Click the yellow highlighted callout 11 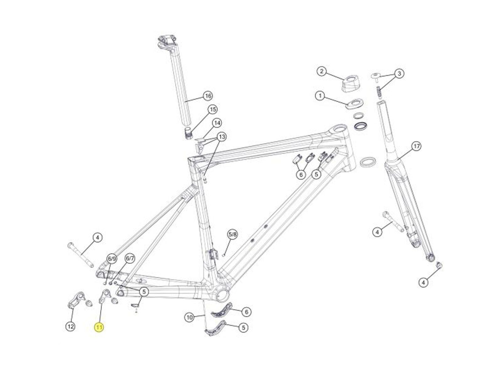(99, 327)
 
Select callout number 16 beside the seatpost (208, 96)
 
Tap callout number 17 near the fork (416, 146)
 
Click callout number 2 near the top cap (321, 71)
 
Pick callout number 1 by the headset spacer (320, 96)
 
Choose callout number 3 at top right (399, 74)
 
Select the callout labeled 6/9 (112, 259)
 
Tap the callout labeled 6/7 (130, 259)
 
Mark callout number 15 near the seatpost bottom (213, 109)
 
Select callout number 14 (216, 123)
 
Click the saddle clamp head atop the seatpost (166, 43)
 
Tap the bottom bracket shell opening (222, 294)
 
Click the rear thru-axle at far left (81, 254)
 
